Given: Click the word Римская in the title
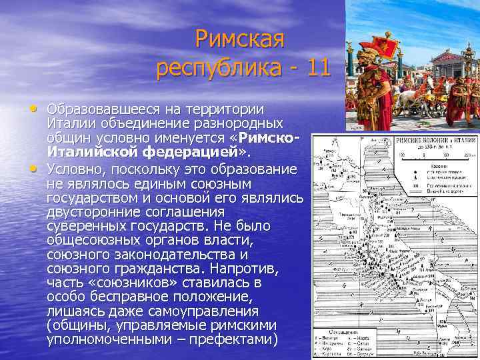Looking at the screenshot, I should (x=241, y=39).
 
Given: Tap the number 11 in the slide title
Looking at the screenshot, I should (x=315, y=67).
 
